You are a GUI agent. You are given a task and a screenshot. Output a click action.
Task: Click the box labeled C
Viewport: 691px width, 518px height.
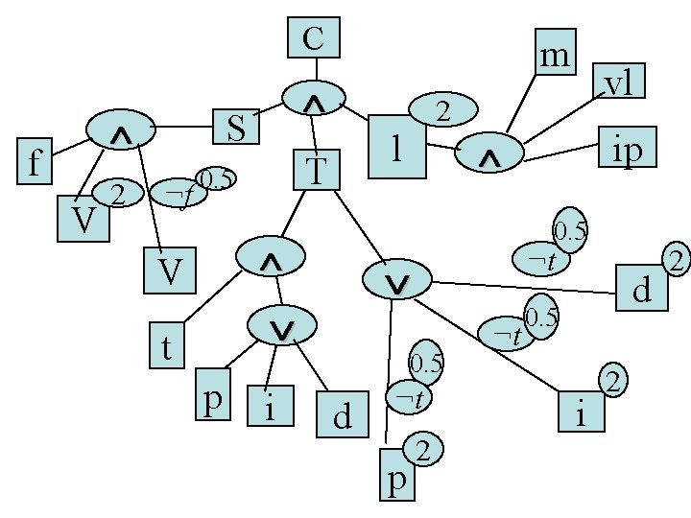coord(314,37)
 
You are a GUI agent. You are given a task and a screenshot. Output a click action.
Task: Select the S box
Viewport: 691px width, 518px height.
coord(236,127)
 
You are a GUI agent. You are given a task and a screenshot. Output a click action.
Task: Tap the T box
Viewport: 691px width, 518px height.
coord(317,170)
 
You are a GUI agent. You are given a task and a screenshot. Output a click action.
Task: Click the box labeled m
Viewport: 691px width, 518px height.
coord(556,52)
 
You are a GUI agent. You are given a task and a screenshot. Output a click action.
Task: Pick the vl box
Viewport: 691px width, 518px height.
coord(619,81)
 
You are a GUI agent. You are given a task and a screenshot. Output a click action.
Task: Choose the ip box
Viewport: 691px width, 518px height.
coord(628,147)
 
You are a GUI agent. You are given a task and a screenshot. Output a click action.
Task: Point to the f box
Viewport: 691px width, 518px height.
coord(35,161)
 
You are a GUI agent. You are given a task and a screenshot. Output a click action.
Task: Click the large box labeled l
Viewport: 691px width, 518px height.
coord(397,147)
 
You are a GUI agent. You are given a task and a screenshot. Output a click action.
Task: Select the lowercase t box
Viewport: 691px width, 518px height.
coord(167,345)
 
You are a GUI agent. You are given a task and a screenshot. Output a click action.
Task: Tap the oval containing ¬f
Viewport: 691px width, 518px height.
coord(179,193)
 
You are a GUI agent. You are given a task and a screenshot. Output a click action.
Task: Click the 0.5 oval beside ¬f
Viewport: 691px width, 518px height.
coord(216,178)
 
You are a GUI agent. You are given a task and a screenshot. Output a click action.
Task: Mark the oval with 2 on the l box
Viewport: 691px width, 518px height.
coord(443,109)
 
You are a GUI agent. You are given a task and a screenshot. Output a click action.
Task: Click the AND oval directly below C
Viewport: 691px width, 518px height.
coord(314,98)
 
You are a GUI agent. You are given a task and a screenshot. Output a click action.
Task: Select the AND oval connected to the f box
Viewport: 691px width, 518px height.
coord(121,129)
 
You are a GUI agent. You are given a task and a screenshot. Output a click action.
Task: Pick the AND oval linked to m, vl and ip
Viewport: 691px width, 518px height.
coord(489,153)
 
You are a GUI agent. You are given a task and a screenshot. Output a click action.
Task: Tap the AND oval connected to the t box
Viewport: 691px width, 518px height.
coord(271,256)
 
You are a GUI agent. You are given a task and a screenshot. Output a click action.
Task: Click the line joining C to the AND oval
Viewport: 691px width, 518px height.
coord(316,69)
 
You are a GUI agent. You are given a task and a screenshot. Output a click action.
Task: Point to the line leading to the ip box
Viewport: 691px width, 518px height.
coord(561,153)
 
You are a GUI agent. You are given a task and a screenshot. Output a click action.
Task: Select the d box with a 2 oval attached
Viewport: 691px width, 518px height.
coord(642,288)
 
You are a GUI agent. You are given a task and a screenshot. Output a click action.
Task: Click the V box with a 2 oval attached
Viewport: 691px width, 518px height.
coord(83,219)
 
